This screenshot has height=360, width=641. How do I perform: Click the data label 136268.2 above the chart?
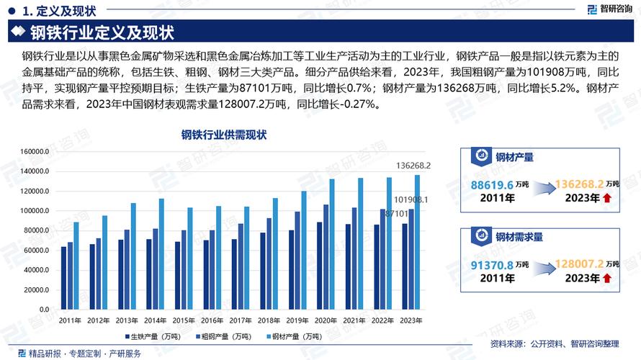[414, 166]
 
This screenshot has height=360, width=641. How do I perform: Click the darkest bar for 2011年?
[63, 278]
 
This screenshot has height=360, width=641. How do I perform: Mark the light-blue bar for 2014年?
[161, 253]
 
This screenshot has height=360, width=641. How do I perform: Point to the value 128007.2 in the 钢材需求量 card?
[579, 265]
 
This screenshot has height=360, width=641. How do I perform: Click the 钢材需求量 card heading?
[519, 235]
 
